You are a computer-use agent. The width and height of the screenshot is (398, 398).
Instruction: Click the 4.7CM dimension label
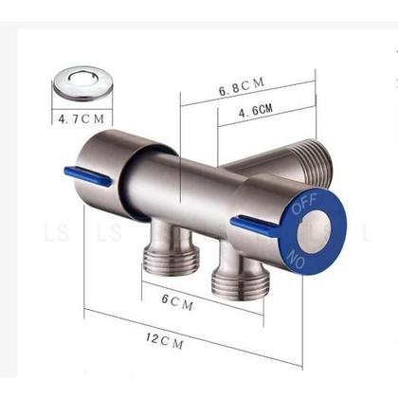pyautogui.click(x=82, y=119)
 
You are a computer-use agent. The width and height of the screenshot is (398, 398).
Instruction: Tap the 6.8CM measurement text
pyautogui.click(x=241, y=88)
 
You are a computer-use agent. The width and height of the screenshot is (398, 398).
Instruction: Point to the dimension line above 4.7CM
pyautogui.click(x=82, y=107)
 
